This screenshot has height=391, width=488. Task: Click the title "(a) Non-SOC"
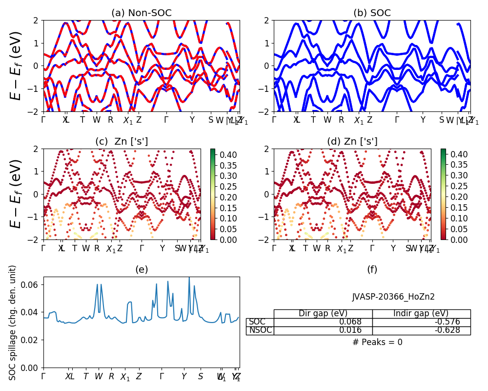pos(142,13)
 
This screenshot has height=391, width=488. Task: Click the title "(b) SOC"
pos(372,13)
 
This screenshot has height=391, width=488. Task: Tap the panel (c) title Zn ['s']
pos(122,142)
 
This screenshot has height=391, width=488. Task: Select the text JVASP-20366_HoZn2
pos(393,297)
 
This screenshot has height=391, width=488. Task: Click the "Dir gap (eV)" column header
pos(323,314)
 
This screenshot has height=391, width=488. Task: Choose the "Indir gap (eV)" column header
pos(421,314)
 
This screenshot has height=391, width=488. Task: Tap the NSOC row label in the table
pos(260,330)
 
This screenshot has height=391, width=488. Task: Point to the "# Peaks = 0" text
pos(377,342)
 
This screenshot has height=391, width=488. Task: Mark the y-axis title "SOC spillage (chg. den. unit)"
pos(13,323)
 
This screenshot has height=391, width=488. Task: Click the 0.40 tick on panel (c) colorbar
pos(226,154)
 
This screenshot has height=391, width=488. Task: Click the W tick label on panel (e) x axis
pos(99,376)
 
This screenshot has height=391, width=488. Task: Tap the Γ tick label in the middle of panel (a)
pos(166,120)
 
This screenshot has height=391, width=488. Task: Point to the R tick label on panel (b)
pos(341,120)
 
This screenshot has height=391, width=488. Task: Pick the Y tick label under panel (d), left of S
pos(393,248)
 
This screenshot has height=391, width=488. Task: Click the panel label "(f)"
pos(372,270)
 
